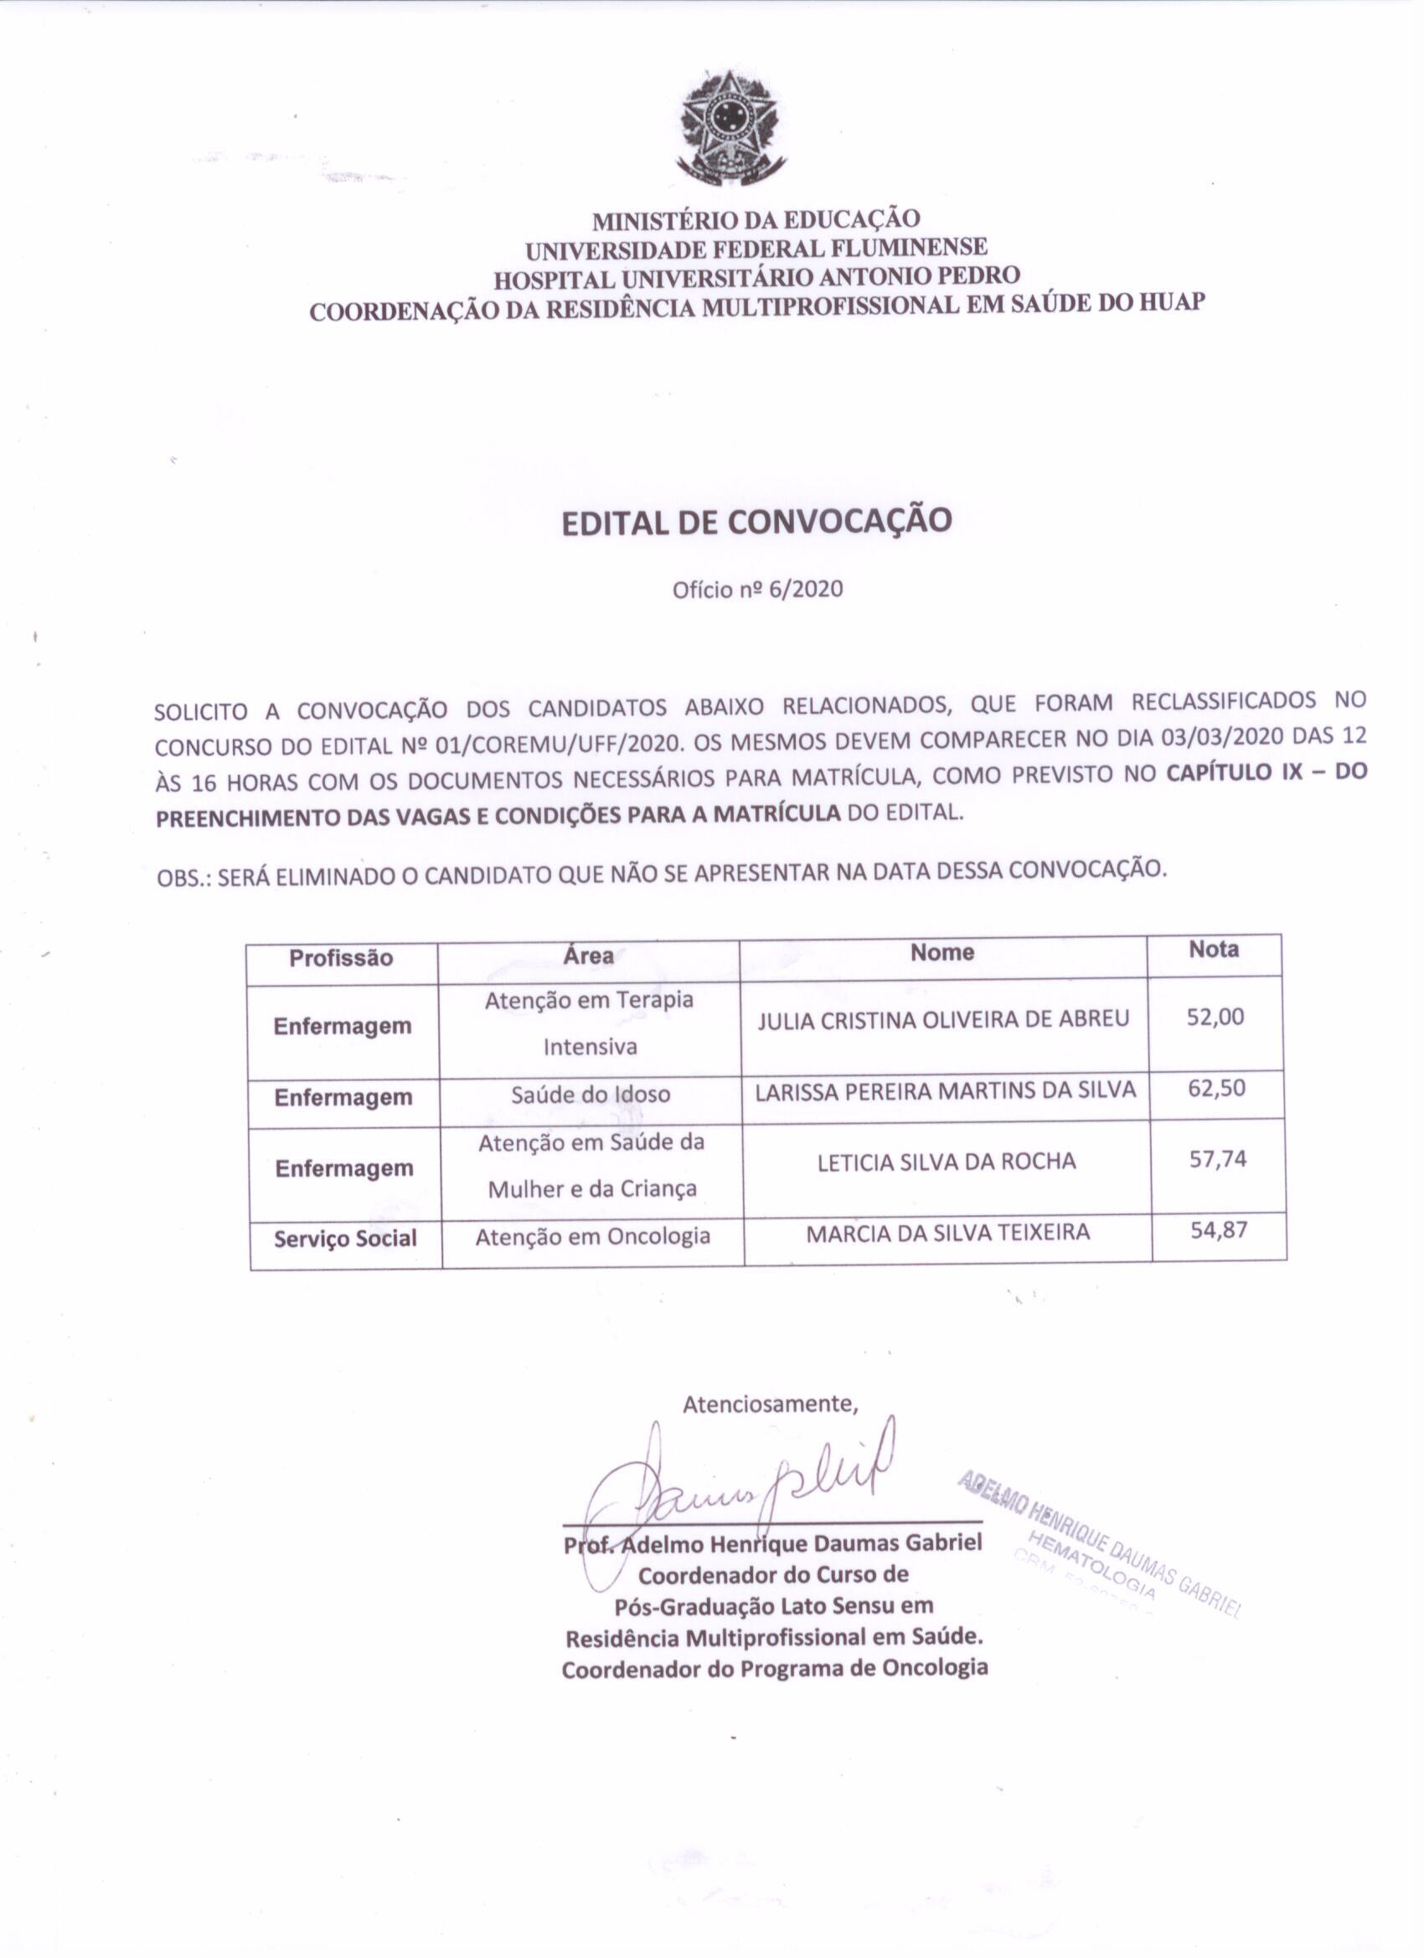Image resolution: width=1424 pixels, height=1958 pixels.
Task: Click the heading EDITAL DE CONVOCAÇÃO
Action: pyautogui.click(x=756, y=523)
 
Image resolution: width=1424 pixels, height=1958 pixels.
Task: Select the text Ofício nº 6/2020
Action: pyautogui.click(x=757, y=590)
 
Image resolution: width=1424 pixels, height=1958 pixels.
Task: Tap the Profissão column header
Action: pyautogui.click(x=341, y=958)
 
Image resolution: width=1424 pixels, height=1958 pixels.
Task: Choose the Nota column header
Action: pyautogui.click(x=1213, y=950)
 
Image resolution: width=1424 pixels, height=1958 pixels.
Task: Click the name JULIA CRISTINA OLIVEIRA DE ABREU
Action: pyautogui.click(x=943, y=1019)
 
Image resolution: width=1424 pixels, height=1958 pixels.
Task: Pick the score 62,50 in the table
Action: pyautogui.click(x=1217, y=1088)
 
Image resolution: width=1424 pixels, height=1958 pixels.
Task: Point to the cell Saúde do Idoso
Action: pyautogui.click(x=591, y=1095)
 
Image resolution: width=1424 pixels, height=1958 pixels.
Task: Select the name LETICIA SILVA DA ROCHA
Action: pyautogui.click(x=947, y=1162)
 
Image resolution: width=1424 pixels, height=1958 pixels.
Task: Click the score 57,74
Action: pyautogui.click(x=1218, y=1158)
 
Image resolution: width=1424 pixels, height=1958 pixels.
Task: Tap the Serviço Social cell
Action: pyautogui.click(x=345, y=1239)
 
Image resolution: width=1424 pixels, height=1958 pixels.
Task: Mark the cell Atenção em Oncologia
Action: pyautogui.click(x=592, y=1236)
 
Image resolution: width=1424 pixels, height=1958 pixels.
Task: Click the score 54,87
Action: pyautogui.click(x=1219, y=1230)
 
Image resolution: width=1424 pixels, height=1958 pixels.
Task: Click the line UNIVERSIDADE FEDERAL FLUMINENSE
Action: pyautogui.click(x=756, y=249)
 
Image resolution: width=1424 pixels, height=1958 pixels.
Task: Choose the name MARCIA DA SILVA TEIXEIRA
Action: pyautogui.click(x=947, y=1233)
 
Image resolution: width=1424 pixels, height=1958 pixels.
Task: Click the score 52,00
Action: pyautogui.click(x=1215, y=1017)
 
